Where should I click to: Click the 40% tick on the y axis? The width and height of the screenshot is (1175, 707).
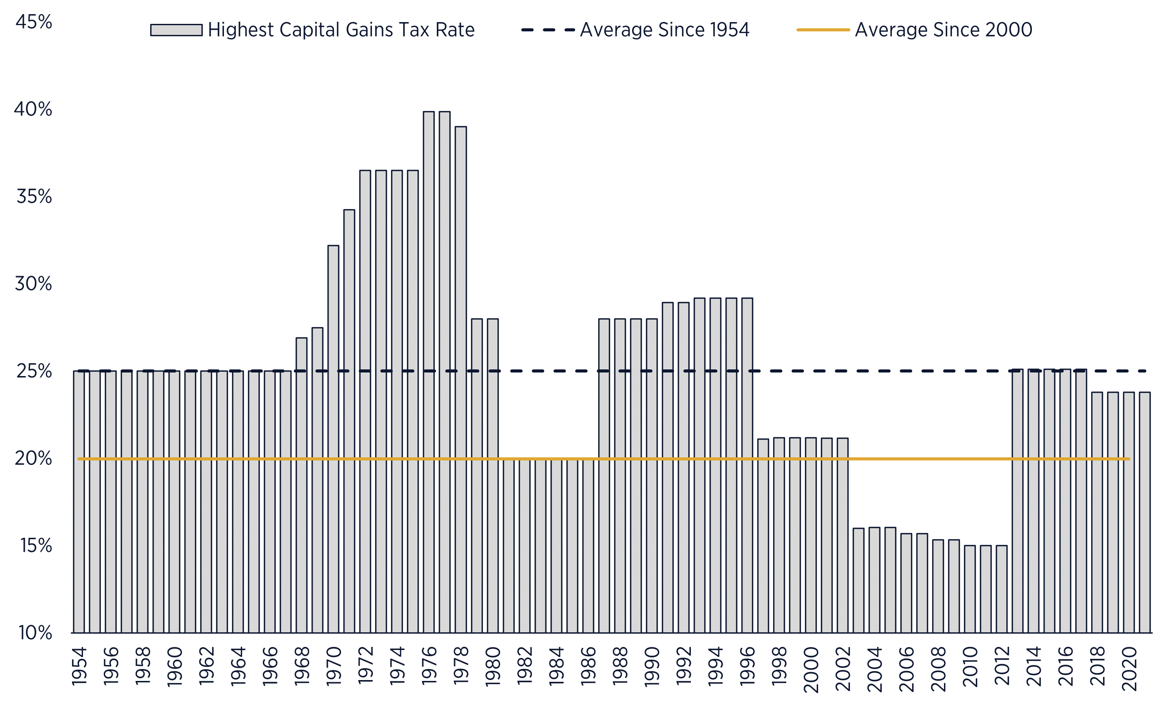[33, 110]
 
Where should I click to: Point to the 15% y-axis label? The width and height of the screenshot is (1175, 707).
[36, 546]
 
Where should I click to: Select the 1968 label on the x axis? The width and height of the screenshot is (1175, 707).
[302, 665]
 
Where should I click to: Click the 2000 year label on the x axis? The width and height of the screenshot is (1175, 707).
[811, 669]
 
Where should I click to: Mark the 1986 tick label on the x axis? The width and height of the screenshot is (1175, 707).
[588, 665]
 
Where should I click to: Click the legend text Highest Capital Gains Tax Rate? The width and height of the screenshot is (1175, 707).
[341, 30]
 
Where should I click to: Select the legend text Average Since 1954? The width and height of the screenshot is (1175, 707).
[664, 30]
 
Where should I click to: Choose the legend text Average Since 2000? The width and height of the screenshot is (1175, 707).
[943, 30]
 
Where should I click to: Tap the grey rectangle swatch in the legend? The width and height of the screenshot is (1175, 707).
[176, 30]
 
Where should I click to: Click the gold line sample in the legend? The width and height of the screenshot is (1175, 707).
[823, 30]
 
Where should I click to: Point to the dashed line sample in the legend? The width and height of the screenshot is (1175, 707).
[548, 30]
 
